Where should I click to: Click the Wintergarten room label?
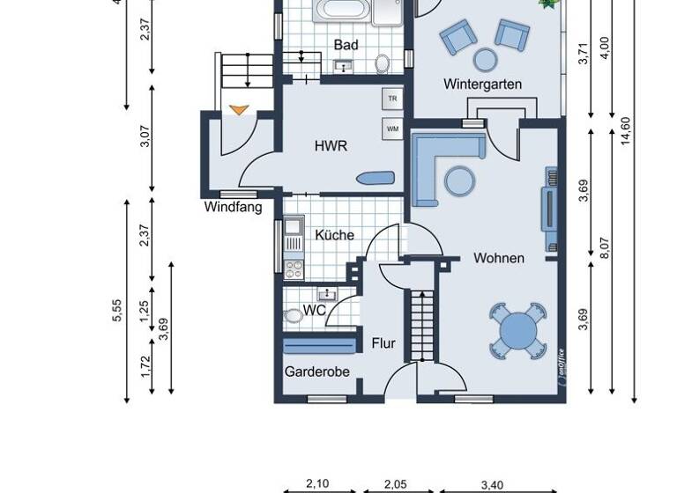(482, 85)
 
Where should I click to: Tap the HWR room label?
(331, 147)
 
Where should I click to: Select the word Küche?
(334, 235)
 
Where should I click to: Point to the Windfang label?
(233, 208)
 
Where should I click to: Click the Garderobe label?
(316, 372)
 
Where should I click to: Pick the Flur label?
(383, 343)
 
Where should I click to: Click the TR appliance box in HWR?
(392, 99)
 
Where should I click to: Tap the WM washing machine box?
(392, 130)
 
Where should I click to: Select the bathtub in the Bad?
(343, 11)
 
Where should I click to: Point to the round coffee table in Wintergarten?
(485, 59)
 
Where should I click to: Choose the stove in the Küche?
(293, 266)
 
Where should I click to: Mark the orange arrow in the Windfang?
(238, 110)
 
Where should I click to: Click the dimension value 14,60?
(626, 129)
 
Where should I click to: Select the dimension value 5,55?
(117, 310)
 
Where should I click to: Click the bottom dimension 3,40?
(493, 483)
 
